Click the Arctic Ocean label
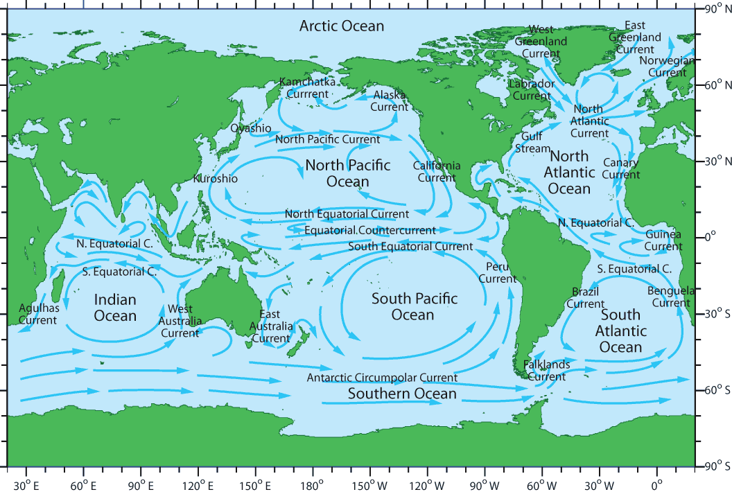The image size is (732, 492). [x=341, y=26]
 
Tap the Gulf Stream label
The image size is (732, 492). [x=532, y=143]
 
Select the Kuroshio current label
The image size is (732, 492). [x=216, y=179]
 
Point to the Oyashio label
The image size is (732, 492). [x=251, y=128]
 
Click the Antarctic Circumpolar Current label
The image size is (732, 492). [x=382, y=378]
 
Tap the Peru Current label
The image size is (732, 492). [x=498, y=272]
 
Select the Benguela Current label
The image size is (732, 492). [x=670, y=297]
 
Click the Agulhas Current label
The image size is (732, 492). [x=37, y=313]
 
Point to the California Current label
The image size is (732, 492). [x=437, y=171]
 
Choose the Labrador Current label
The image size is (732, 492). [x=532, y=90]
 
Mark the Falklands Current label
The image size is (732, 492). [x=546, y=371]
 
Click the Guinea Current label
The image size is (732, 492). [x=663, y=240]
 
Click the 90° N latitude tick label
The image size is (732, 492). [x=714, y=10]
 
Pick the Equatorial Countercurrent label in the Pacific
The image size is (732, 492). [x=370, y=230]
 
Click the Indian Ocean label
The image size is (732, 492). [x=115, y=308]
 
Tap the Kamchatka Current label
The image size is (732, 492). [x=307, y=87]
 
